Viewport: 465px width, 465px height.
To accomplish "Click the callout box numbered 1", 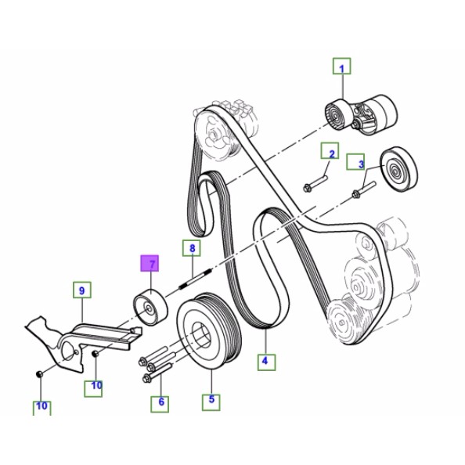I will click(341, 67).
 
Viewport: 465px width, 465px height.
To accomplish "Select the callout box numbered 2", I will click(331, 153).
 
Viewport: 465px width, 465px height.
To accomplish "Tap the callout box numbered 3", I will click(361, 164).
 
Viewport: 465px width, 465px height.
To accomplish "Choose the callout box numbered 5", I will click(211, 401).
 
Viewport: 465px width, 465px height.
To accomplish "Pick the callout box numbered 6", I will click(160, 403).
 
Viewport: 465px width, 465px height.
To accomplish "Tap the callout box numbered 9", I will click(81, 291).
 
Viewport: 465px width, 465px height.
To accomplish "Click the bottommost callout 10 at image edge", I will click(41, 407).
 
